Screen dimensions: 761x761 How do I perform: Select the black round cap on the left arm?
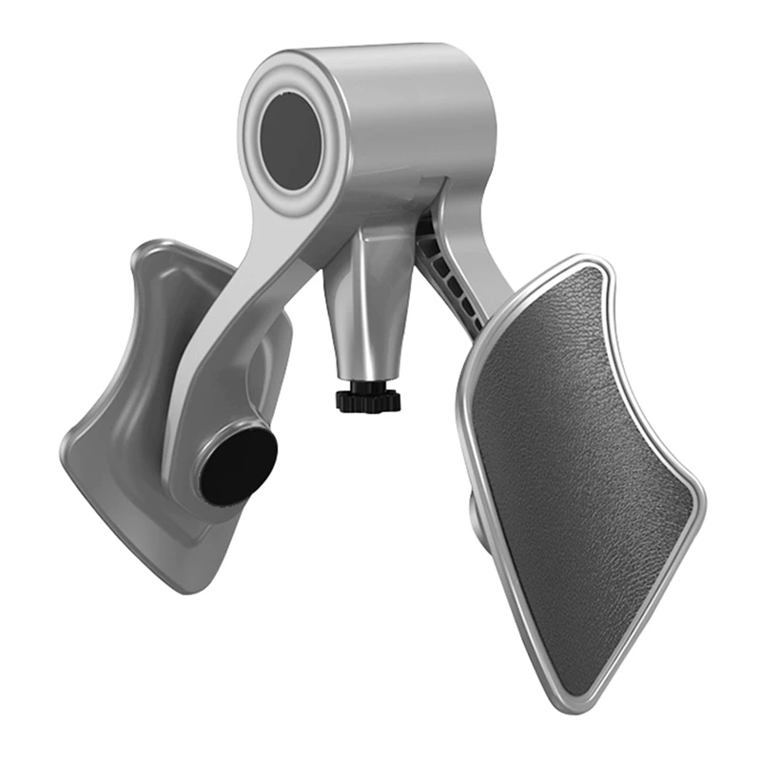pos(237,464)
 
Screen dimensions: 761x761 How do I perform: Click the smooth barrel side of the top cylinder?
pos(419,105)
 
